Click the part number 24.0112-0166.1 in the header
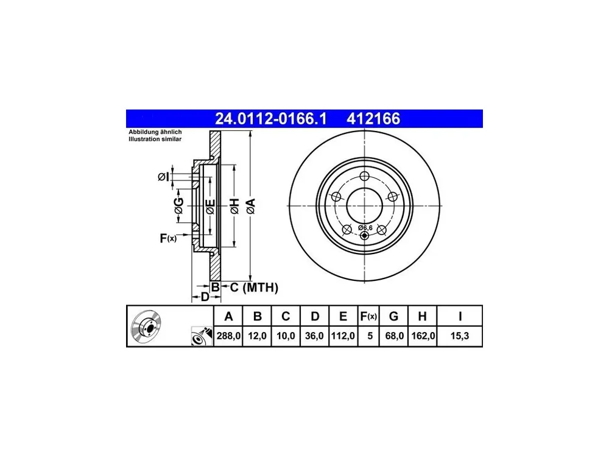point(271,119)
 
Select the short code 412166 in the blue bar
point(373,119)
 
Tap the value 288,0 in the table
point(228,336)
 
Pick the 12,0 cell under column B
point(257,336)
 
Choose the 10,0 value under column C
point(286,336)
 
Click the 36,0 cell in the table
point(314,336)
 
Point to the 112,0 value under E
point(343,336)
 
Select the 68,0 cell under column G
point(394,336)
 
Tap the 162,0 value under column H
point(423,336)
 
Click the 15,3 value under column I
point(459,336)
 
